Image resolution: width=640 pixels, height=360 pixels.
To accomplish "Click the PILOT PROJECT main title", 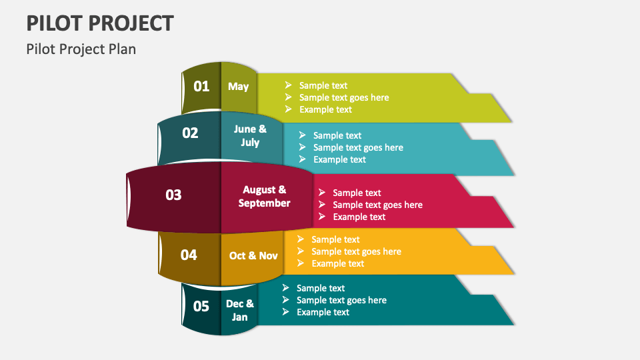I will pos(100,23).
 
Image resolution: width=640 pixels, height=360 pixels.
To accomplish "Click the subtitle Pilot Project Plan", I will pos(81,49).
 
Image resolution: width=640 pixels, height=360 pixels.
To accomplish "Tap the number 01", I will pos(201,86).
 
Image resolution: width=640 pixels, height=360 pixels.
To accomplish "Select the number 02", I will pos(191,133).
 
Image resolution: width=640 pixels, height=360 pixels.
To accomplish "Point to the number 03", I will pos(173,195).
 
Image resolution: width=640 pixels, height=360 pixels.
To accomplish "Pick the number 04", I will pos(189,255).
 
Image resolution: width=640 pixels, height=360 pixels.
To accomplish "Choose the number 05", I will pos(201,306).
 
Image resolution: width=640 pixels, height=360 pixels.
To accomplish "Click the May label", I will pos(238,86).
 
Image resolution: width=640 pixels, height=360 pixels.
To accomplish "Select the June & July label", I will pos(250,135).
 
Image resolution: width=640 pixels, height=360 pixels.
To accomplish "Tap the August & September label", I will pos(264,197).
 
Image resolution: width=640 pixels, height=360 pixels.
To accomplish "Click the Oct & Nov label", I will pos(253,255).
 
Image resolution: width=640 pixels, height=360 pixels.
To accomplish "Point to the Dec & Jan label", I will pos(240,310).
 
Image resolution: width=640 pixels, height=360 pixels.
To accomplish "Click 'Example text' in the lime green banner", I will pos(325,109).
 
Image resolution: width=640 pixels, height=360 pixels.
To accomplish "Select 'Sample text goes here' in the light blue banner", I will pos(358,147).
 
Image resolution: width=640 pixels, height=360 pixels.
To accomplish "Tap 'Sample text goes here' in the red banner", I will pos(377,205).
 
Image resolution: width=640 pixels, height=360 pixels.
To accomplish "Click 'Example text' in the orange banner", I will pos(337,263).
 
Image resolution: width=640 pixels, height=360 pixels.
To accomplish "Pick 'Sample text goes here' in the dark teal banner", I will pos(341,300).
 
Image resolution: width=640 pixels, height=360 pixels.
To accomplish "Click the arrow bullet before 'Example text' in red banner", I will pos(322,217).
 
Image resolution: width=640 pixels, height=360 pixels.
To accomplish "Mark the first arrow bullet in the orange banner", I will pos(301,239).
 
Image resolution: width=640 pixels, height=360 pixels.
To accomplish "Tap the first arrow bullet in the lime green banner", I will pos(288,85).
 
